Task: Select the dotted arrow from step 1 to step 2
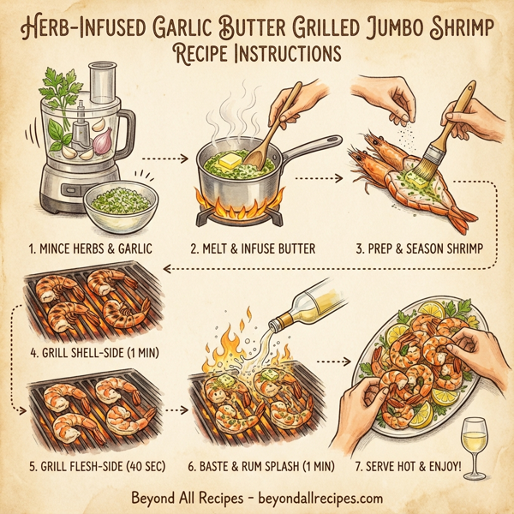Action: (x=163, y=158)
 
